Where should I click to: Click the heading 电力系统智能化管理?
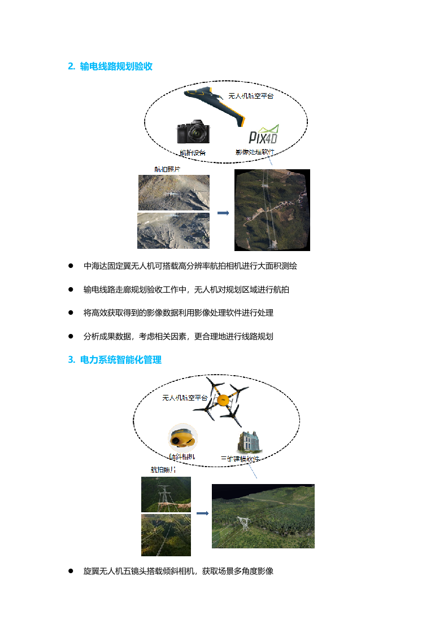(x=121, y=360)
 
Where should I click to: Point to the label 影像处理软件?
(x=255, y=152)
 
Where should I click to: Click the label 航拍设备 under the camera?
(x=192, y=153)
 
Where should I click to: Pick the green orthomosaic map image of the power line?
(x=272, y=210)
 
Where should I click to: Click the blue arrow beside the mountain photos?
(x=223, y=213)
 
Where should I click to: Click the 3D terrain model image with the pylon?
(x=263, y=516)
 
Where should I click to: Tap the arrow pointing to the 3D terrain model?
(x=201, y=513)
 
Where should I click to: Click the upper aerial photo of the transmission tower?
(x=166, y=494)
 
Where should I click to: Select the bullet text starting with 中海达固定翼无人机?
(x=190, y=266)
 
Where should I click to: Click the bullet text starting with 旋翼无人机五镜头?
(x=178, y=571)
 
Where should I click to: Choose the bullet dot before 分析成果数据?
(x=71, y=336)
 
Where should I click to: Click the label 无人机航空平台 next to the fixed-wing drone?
(x=251, y=96)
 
